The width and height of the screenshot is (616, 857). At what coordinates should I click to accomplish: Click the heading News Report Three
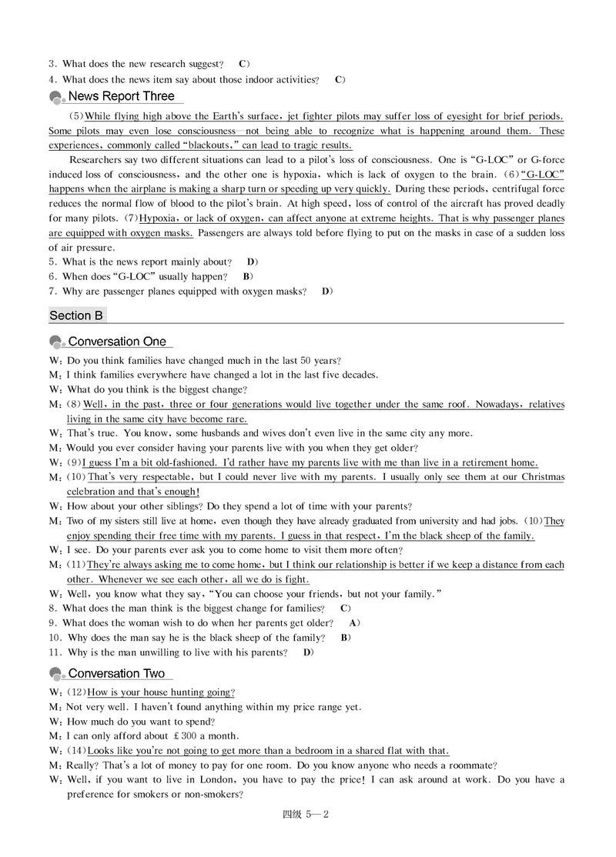[x=122, y=96]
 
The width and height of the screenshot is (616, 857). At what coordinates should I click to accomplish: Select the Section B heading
[x=76, y=315]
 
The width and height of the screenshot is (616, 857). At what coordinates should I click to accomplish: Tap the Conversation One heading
[x=117, y=342]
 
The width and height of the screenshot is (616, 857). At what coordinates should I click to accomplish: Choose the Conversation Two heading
[x=117, y=674]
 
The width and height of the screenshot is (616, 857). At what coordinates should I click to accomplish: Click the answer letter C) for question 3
[x=243, y=63]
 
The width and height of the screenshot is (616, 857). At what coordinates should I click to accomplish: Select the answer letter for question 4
[x=340, y=79]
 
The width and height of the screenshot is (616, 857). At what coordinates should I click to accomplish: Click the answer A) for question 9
[x=354, y=623]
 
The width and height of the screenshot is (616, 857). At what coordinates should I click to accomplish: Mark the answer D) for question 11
[x=308, y=653]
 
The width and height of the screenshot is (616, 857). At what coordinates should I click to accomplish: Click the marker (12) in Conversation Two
[x=76, y=692]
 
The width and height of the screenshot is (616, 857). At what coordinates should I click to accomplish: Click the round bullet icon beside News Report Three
[x=56, y=98]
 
